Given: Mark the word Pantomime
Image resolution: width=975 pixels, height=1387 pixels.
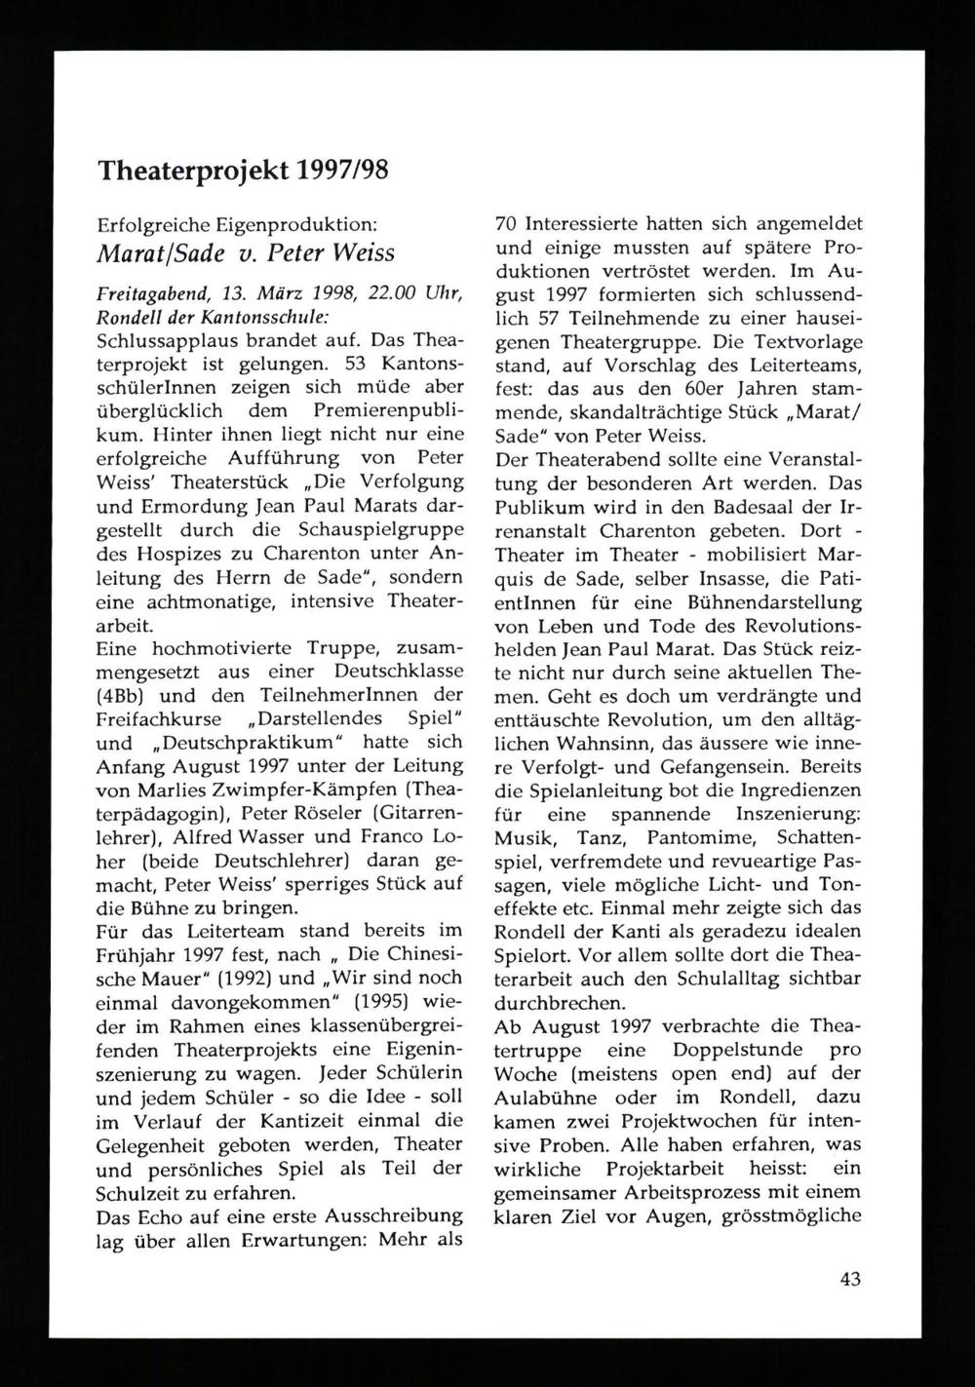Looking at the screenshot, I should [x=711, y=837].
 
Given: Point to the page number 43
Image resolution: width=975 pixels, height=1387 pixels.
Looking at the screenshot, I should [x=849, y=1281].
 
